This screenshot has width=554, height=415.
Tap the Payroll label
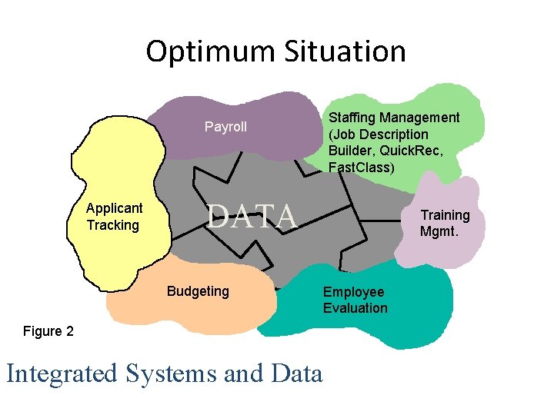click(225, 127)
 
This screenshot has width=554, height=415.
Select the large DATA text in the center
click(252, 216)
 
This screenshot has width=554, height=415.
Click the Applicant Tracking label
click(114, 217)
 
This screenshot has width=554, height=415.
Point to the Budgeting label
click(198, 291)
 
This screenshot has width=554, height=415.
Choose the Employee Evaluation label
click(355, 300)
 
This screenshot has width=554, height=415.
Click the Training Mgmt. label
click(445, 223)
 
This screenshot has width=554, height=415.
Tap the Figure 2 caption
click(48, 331)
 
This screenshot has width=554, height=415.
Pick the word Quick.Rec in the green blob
click(414, 151)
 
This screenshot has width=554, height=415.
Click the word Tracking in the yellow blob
click(113, 225)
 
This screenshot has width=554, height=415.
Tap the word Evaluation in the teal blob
click(355, 308)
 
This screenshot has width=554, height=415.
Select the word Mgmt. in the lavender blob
click(439, 231)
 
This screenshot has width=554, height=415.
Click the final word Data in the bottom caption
click(297, 373)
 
